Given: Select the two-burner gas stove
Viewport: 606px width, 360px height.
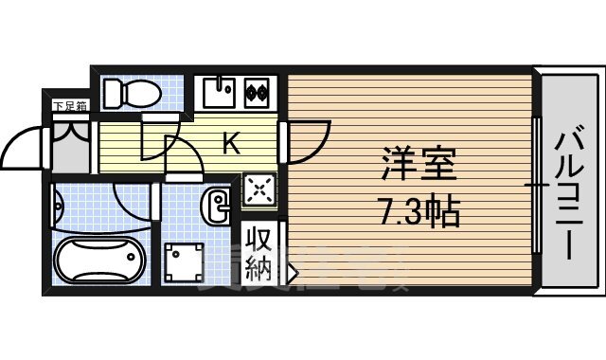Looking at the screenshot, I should (x=256, y=93).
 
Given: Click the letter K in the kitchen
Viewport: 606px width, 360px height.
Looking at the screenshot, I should (x=230, y=144).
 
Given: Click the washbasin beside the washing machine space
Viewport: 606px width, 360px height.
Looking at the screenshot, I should (x=218, y=204).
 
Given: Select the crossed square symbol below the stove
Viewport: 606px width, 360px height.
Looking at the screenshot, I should (x=258, y=189).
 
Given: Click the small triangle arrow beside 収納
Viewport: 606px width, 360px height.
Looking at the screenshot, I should (x=292, y=276).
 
